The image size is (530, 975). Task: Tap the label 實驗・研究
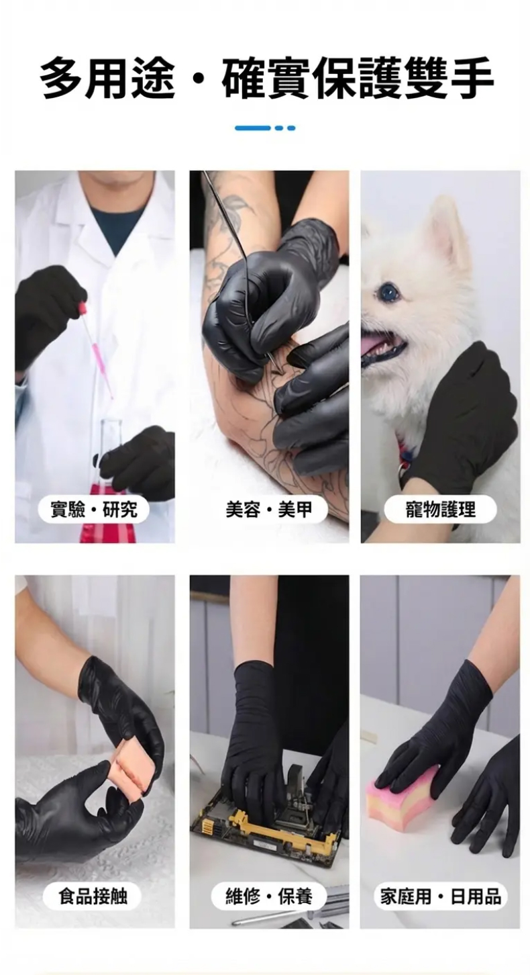[x=94, y=509]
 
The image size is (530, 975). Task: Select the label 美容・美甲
[x=269, y=509]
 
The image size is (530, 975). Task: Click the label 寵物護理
[x=440, y=509]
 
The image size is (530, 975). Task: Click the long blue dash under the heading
[x=252, y=128]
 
